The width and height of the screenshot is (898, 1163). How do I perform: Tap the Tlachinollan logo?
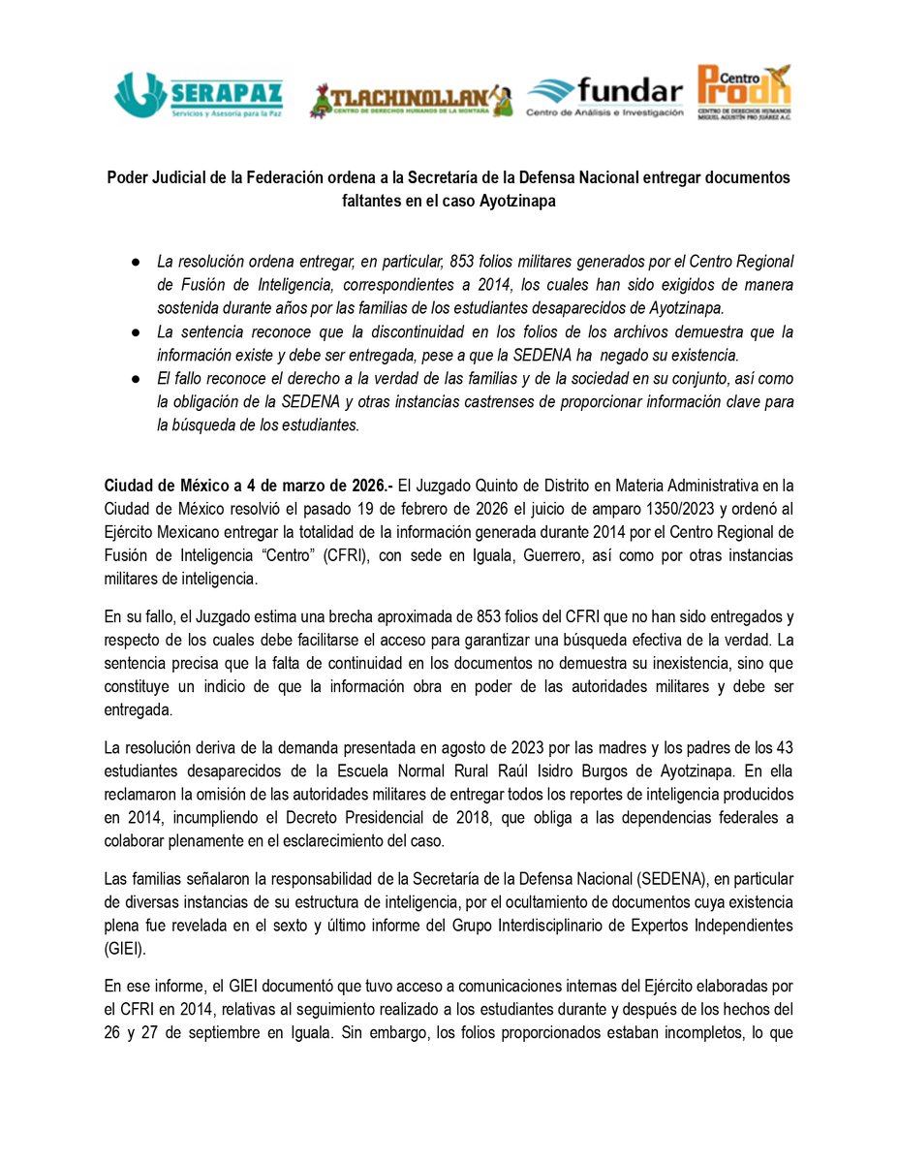click(411, 99)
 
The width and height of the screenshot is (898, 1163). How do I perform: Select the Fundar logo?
click(604, 98)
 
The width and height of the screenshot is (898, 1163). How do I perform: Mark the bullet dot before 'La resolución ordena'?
click(138, 263)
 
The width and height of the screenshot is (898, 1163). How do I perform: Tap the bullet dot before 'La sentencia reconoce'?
click(138, 331)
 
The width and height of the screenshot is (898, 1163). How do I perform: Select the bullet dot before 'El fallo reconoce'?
click(138, 378)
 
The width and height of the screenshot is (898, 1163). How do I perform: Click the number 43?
click(784, 749)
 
